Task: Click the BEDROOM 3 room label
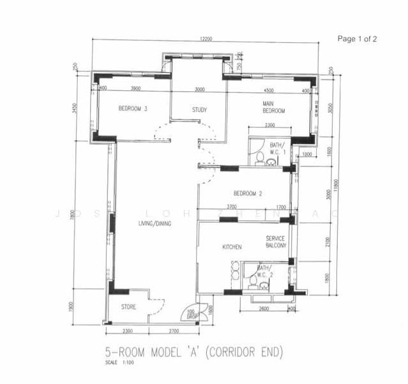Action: (x=133, y=109)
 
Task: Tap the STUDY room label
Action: (x=199, y=109)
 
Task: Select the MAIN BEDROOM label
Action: (x=273, y=107)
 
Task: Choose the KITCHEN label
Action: (x=231, y=246)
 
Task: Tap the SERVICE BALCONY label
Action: (x=276, y=241)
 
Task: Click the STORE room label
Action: (x=128, y=307)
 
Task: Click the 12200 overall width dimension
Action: (x=206, y=39)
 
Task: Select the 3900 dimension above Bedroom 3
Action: (x=135, y=88)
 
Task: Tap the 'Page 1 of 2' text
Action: (x=357, y=39)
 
